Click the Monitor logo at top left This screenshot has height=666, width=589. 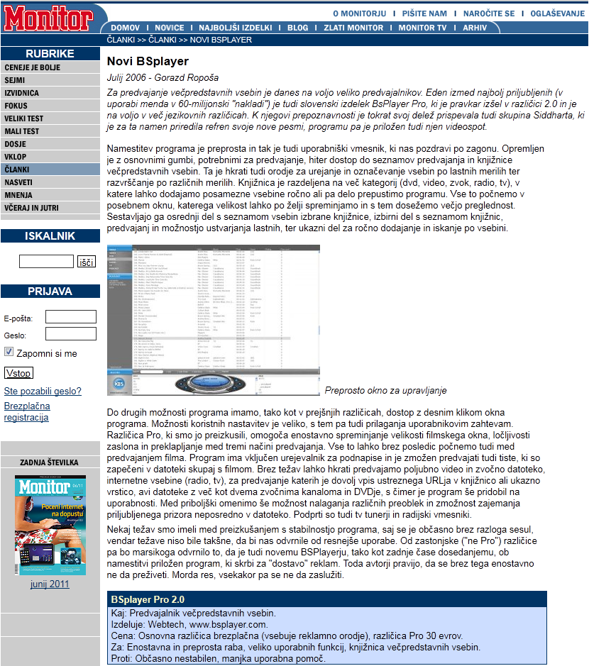click(x=48, y=19)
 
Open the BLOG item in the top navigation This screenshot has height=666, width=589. click(x=297, y=28)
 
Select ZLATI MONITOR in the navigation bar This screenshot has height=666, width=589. click(x=353, y=28)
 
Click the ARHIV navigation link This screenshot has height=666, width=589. click(x=475, y=28)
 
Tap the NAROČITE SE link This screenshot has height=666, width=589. click(x=489, y=13)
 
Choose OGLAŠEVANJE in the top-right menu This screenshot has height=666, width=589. click(x=557, y=13)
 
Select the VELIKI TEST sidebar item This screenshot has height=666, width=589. click(x=23, y=118)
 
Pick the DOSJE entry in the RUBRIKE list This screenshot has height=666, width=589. click(x=15, y=144)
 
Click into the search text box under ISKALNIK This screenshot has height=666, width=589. click(x=46, y=262)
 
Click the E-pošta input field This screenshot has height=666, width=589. click(x=70, y=317)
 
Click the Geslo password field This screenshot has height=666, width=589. click(x=70, y=334)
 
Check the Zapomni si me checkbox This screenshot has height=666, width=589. click(x=9, y=352)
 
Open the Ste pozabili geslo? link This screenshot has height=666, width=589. click(x=43, y=391)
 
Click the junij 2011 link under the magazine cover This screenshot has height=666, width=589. click(x=50, y=584)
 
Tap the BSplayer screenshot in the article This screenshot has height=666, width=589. click(x=213, y=320)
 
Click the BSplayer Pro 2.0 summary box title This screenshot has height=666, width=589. click(x=147, y=599)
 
